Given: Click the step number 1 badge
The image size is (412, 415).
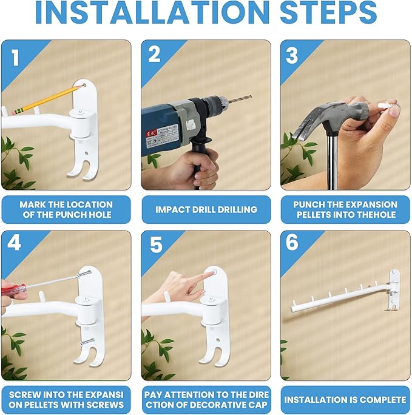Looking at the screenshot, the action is (15, 58).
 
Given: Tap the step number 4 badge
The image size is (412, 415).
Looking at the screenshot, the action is (14, 242).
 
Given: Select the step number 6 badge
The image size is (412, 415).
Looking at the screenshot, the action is (292, 242).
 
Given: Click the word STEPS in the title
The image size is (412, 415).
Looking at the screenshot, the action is (328, 13).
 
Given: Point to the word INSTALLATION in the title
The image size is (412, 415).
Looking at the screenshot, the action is (152, 13).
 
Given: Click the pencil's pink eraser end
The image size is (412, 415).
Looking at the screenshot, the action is (13, 113).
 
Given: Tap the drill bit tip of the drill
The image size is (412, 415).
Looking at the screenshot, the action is (250, 97).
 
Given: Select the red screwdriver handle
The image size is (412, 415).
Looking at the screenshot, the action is (12, 289).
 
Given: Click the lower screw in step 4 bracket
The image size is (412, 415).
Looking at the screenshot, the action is (87, 342).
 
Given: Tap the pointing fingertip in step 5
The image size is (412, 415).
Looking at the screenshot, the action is (211, 274).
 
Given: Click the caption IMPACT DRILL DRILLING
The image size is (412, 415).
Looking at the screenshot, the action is (206, 209).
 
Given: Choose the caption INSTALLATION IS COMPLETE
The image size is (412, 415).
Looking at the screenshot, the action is (345, 400).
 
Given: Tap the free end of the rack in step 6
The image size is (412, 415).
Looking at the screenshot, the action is (293, 309).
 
